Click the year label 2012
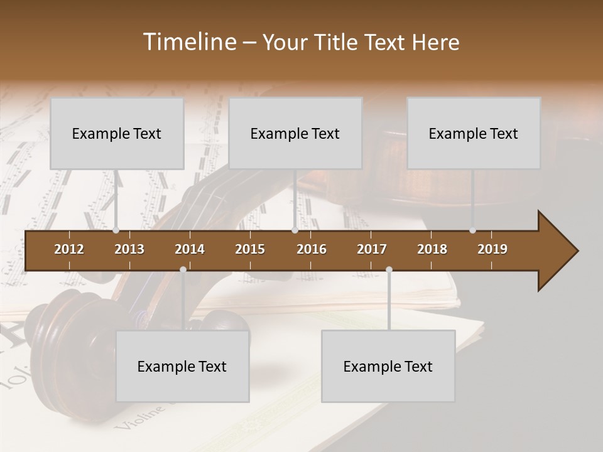coord(69,249)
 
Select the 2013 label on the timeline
coord(129,249)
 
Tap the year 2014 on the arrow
coord(190,249)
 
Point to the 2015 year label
coord(250,249)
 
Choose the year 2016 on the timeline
coord(312,249)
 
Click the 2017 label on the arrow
coord(372,249)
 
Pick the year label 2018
coord(432,249)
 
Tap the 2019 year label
coord(492,249)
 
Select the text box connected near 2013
coord(117,133)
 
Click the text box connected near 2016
coord(295,133)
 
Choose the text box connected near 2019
coord(474,133)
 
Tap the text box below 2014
coord(182,366)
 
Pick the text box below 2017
coord(388,366)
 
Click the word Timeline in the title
coord(188,42)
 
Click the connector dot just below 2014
coord(183,270)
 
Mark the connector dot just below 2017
coord(389,270)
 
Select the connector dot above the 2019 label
coord(472,230)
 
